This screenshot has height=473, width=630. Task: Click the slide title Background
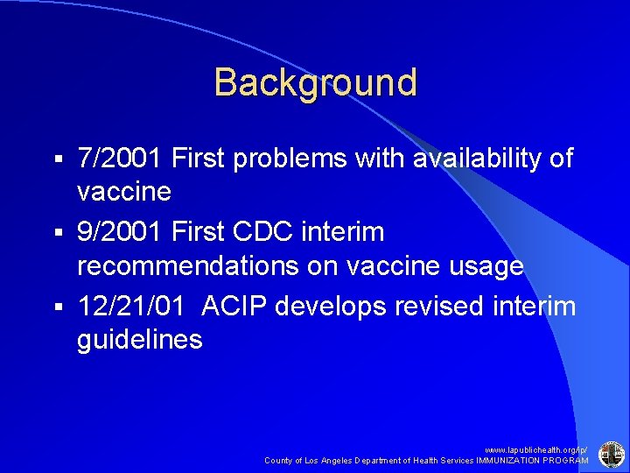[315, 83]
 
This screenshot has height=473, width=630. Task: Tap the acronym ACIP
[235, 307]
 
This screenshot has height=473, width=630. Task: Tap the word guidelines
[140, 340]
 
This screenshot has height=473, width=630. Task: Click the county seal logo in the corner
[610, 455]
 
